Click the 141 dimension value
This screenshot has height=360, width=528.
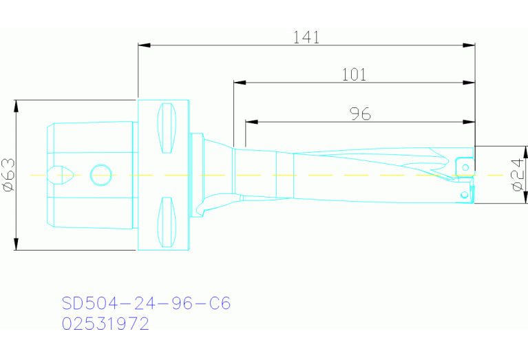306,38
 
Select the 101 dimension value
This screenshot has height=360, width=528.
354,75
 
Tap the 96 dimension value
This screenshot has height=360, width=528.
360,114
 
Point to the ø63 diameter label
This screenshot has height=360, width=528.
8,175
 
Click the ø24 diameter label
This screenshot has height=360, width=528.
518,175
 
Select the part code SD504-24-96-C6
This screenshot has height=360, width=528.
145,304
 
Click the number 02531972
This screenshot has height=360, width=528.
105,324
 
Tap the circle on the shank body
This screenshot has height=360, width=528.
101,174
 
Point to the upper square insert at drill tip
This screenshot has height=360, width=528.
465,166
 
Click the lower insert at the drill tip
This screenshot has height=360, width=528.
465,194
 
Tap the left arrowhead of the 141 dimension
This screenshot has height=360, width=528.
142,45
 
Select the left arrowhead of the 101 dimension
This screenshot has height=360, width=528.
238,83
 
